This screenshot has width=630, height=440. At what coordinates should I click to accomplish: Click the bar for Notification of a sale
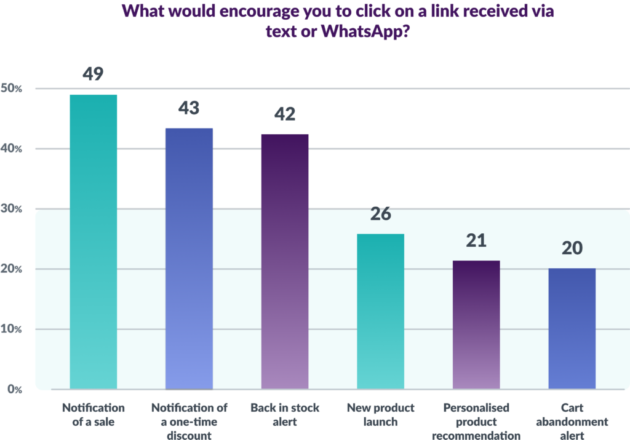(93, 241)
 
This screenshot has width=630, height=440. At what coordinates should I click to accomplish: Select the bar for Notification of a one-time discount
(189, 258)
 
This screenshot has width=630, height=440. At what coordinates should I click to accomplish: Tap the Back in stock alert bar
(285, 261)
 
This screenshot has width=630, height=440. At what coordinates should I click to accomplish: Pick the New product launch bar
(381, 311)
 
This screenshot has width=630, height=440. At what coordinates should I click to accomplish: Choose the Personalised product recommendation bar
(476, 324)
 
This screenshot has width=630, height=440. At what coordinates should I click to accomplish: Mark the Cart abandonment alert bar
(572, 328)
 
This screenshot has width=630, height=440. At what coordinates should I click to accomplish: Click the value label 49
(93, 74)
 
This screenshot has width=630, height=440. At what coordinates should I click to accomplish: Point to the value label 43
(189, 108)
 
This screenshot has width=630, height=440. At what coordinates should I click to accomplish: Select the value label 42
(285, 114)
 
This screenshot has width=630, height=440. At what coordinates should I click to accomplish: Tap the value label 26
(381, 215)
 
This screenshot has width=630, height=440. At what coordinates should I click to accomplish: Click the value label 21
(476, 241)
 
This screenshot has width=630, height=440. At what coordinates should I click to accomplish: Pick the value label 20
(572, 248)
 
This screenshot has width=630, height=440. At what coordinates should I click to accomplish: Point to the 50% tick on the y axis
(11, 89)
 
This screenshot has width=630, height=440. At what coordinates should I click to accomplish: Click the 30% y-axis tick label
(11, 209)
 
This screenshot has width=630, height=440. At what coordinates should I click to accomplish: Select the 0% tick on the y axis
(14, 389)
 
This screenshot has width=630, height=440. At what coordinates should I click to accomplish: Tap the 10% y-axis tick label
(11, 329)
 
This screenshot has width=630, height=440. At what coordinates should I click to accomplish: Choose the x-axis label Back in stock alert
(284, 415)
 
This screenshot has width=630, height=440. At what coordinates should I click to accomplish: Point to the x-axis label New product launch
(381, 415)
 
